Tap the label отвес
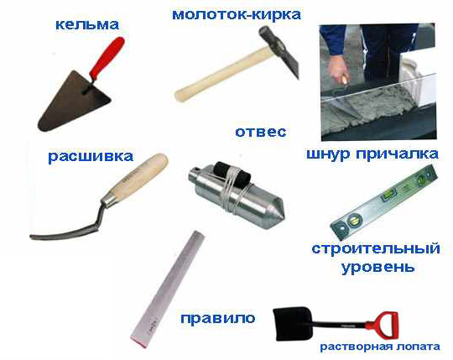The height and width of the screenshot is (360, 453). pyautogui.click(x=261, y=132)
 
